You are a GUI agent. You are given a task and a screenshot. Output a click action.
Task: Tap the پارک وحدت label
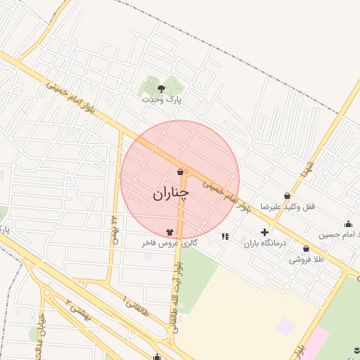[x=162, y=100]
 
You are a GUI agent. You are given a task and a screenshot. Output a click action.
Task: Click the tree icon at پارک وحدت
[x=162, y=89]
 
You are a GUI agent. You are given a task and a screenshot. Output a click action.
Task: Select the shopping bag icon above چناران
[x=181, y=172]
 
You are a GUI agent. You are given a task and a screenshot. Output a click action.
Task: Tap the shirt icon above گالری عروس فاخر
[x=169, y=231]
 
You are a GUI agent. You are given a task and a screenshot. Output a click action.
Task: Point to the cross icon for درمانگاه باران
[x=264, y=232]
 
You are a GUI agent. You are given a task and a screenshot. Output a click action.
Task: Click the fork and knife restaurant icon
[x=224, y=237]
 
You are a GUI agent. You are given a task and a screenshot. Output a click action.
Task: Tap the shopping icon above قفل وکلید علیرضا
[x=287, y=195]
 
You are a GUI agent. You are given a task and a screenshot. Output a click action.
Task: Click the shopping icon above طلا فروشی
[x=306, y=248]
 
